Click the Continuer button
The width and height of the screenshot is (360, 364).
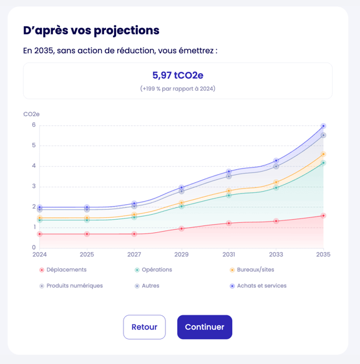click(x=205, y=327)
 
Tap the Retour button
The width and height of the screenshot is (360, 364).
click(x=144, y=327)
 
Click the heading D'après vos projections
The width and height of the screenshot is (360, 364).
click(x=91, y=31)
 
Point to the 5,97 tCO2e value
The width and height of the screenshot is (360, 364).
click(x=178, y=76)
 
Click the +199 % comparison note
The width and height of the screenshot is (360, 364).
click(x=178, y=89)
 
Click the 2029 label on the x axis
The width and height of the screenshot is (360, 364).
click(x=182, y=255)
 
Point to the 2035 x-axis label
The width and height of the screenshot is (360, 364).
click(x=323, y=255)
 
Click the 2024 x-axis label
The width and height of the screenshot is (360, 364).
click(x=39, y=255)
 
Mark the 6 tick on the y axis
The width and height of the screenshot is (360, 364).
click(x=34, y=125)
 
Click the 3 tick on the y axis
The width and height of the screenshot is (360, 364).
click(x=34, y=186)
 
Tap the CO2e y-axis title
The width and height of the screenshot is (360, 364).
click(x=31, y=114)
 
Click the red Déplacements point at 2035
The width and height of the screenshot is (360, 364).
click(x=323, y=215)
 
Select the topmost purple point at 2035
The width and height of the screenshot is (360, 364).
click(x=323, y=126)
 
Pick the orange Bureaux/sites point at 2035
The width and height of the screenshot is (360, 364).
click(x=323, y=154)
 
